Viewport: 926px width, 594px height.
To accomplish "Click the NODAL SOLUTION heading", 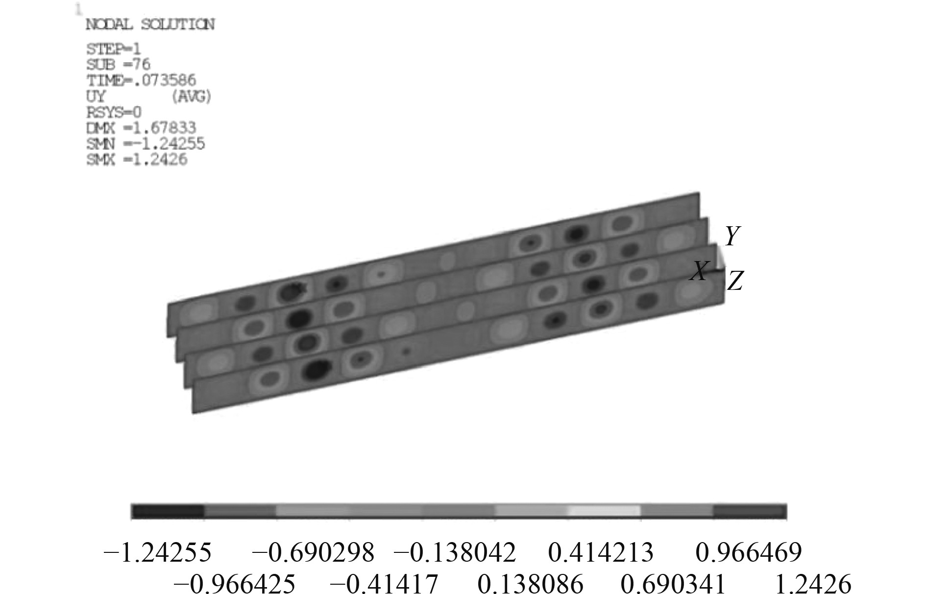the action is click(x=150, y=24).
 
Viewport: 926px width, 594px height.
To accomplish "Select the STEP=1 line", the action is click(x=114, y=49).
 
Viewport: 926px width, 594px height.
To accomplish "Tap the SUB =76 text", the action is click(x=118, y=65).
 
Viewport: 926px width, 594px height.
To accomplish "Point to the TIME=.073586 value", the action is click(x=141, y=80).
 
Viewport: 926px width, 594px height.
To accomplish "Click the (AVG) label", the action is click(x=191, y=97).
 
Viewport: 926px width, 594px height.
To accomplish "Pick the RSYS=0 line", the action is click(x=114, y=113).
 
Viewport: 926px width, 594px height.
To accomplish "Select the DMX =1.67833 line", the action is click(x=141, y=128).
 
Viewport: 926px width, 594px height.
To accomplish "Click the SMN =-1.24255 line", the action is click(x=146, y=144).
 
